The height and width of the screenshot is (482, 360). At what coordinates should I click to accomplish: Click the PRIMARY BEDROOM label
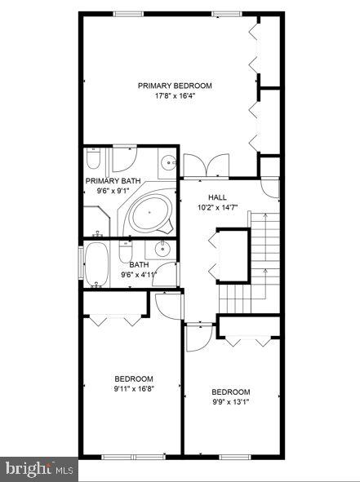pyautogui.click(x=175, y=86)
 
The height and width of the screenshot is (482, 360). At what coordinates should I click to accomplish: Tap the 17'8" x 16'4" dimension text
pyautogui.click(x=175, y=96)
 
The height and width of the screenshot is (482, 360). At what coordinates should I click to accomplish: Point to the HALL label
pyautogui.click(x=217, y=197)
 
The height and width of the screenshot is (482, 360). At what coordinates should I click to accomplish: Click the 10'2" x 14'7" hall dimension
pyautogui.click(x=217, y=208)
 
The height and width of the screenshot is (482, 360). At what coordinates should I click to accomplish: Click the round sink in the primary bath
pyautogui.click(x=167, y=161)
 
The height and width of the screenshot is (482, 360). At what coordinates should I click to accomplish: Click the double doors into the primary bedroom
pyautogui.click(x=205, y=166)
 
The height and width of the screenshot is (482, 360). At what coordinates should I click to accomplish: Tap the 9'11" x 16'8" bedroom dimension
pyautogui.click(x=134, y=389)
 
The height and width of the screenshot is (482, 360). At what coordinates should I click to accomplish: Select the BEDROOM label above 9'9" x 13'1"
pyautogui.click(x=231, y=392)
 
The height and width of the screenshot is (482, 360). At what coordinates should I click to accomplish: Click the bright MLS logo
pyautogui.click(x=38, y=469)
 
